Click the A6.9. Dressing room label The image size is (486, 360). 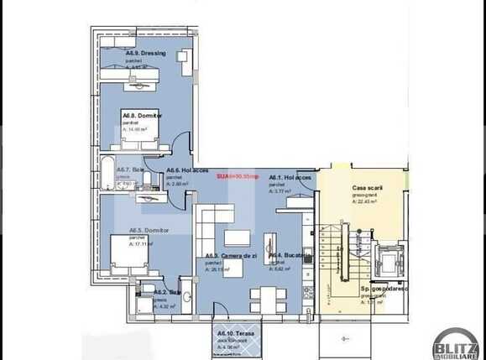146,54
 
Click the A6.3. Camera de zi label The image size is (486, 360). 229,256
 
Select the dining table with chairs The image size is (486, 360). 265,297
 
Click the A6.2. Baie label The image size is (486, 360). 166,292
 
